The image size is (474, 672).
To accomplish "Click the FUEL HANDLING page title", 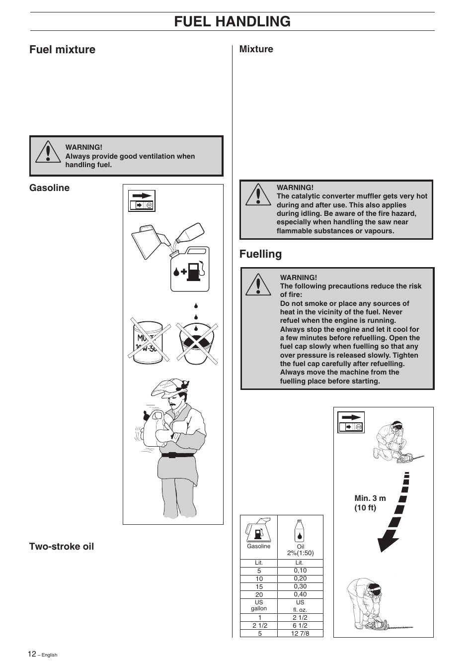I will (232, 21).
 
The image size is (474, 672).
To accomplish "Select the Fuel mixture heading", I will (62, 49).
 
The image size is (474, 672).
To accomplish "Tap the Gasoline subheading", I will (49, 188).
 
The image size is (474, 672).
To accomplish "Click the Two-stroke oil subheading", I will (61, 546).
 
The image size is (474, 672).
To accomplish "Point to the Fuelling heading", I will (260, 254).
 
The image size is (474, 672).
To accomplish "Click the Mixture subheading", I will (256, 49).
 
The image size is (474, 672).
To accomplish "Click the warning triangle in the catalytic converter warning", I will (258, 195).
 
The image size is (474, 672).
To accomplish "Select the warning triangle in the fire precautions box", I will (258, 285).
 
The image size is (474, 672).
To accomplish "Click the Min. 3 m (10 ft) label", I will (370, 503).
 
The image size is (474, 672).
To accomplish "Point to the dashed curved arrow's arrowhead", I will (388, 541).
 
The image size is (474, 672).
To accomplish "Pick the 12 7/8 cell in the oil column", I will (300, 633).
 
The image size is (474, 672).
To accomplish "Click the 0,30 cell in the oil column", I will (300, 586).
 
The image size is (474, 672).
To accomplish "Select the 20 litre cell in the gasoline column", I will (259, 594).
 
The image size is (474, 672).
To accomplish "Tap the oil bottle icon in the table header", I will (300, 531).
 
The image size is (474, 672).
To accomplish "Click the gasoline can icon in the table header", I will (258, 530).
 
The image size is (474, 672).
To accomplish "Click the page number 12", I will (32, 654).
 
